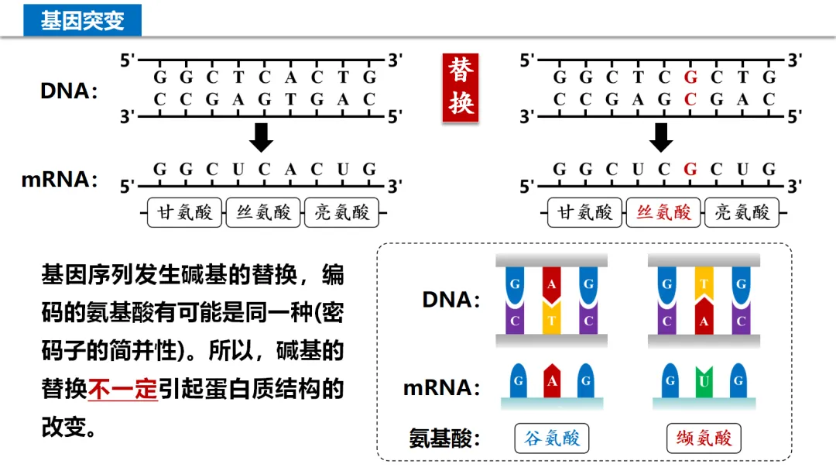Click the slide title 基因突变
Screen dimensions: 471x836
coord(82,20)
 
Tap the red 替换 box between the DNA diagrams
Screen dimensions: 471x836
coord(461,88)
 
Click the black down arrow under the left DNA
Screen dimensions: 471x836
coord(262,137)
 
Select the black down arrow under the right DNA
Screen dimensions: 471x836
coord(661,137)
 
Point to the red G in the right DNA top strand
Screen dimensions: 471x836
coord(690,77)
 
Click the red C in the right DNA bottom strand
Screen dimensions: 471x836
coord(690,99)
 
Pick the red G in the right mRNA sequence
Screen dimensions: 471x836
coord(690,169)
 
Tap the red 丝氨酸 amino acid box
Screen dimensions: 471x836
coord(663,212)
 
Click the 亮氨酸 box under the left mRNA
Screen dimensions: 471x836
coord(341,212)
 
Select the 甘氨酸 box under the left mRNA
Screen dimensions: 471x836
coord(184,212)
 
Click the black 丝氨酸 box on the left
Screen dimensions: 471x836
coord(263,212)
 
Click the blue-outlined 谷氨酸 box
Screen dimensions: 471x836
coord(551,438)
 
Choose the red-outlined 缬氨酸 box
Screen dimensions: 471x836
coord(704,438)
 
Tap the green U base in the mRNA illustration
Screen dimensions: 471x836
coord(704,380)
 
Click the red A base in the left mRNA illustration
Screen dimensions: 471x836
coord(552,380)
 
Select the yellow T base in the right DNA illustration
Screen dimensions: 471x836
coord(704,284)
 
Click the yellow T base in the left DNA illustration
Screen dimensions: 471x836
coord(552,319)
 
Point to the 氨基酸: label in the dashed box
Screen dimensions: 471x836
coord(444,438)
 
